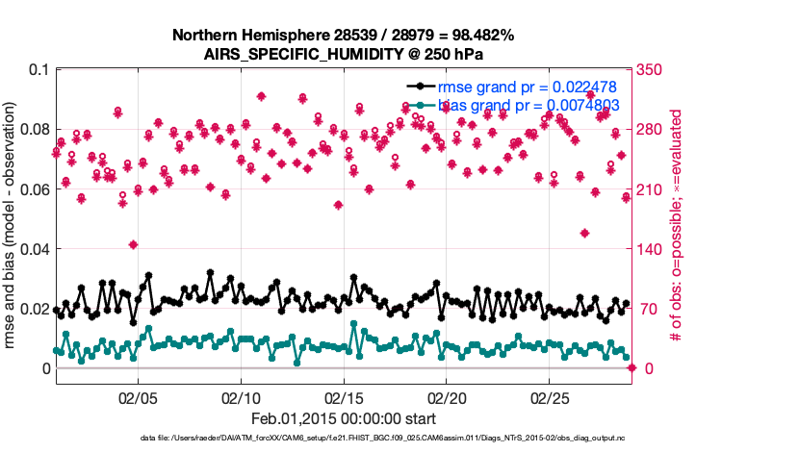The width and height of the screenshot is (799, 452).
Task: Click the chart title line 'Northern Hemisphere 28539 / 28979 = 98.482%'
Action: [344, 36]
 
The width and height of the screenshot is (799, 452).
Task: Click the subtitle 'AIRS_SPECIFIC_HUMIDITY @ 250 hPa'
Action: [344, 54]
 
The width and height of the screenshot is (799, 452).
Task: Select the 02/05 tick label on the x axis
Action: [137, 397]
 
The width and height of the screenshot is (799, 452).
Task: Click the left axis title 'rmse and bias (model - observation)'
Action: [13, 219]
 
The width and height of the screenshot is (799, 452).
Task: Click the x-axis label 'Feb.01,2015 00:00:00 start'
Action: [344, 419]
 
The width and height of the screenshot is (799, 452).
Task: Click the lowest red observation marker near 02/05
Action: [133, 244]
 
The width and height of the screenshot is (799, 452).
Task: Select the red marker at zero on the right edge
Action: [631, 368]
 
